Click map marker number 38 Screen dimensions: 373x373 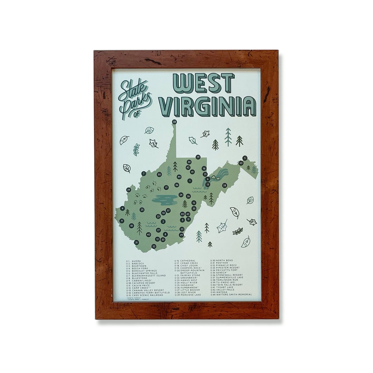[x=174, y=122]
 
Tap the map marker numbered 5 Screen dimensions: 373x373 [x=245, y=158]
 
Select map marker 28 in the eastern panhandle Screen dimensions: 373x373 [x=224, y=185]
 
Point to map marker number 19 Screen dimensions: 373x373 [x=198, y=157]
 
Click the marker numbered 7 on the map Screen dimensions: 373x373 [x=143, y=173]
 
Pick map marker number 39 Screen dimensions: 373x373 [x=128, y=190]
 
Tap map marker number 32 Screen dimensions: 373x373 [x=154, y=246]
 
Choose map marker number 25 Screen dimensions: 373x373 [x=142, y=210]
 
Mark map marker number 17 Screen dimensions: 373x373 [x=166, y=188]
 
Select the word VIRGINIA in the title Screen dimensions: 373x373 [x=208, y=106]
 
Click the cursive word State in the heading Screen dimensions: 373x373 [x=133, y=90]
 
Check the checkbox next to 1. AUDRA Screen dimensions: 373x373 [x=127, y=261]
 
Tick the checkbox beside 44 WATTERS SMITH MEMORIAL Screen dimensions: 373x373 [x=212, y=294]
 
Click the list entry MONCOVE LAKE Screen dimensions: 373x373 [x=190, y=295]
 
